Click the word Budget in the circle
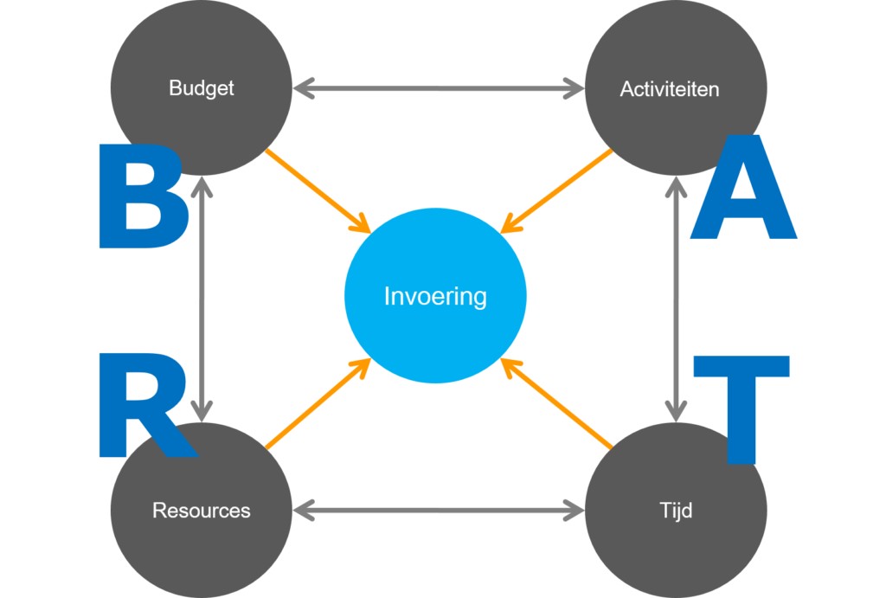(201, 88)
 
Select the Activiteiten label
(669, 89)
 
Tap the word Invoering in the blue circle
(435, 297)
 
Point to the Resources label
(201, 511)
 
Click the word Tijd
(675, 511)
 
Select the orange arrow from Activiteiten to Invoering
(555, 191)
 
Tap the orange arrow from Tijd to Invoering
(556, 403)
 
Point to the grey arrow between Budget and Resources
(201, 299)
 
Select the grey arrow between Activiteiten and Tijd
(676, 299)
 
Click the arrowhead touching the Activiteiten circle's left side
(573, 88)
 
